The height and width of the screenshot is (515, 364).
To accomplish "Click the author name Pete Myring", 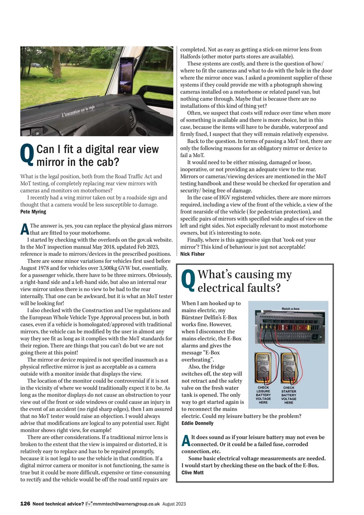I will pyautogui.click(x=33, y=212).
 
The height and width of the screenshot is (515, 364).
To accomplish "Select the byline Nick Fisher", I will pyautogui.click(x=192, y=254).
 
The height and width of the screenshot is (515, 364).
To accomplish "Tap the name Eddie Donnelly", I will pyautogui.click(x=197, y=423).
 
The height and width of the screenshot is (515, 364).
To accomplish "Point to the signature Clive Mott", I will pyautogui.click(x=193, y=472).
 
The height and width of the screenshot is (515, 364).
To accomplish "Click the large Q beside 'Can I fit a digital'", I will pyautogui.click(x=27, y=155).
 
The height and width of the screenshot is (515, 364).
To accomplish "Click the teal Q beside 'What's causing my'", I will pyautogui.click(x=188, y=280).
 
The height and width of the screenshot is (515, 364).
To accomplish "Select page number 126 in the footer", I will pyautogui.click(x=25, y=503).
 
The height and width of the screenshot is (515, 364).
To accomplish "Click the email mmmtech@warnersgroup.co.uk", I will pyautogui.click(x=126, y=504).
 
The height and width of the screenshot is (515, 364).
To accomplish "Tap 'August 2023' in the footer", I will pyautogui.click(x=174, y=504).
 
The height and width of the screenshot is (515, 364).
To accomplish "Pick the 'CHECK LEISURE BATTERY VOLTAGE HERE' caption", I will pyautogui.click(x=263, y=395).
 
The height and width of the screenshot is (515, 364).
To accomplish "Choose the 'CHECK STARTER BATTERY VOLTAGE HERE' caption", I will pyautogui.click(x=289, y=395).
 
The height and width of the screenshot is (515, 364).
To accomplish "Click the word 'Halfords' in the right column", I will pyautogui.click(x=190, y=56).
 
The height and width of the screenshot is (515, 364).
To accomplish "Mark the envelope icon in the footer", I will pyautogui.click(x=89, y=504).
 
